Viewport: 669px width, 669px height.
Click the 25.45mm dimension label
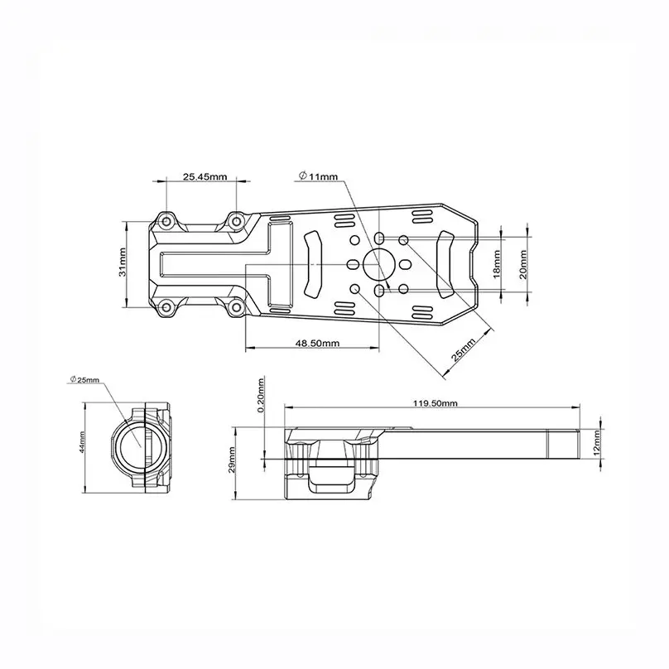[x=205, y=176]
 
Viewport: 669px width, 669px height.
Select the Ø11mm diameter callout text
[x=320, y=176]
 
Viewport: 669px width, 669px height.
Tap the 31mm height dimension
[x=123, y=263]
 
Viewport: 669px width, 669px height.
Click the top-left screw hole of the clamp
[x=166, y=220]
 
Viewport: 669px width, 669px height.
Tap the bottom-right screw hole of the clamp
[x=236, y=308]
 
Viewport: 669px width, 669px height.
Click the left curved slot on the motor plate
[x=315, y=263]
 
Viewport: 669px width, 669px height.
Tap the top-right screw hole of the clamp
[x=236, y=220]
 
